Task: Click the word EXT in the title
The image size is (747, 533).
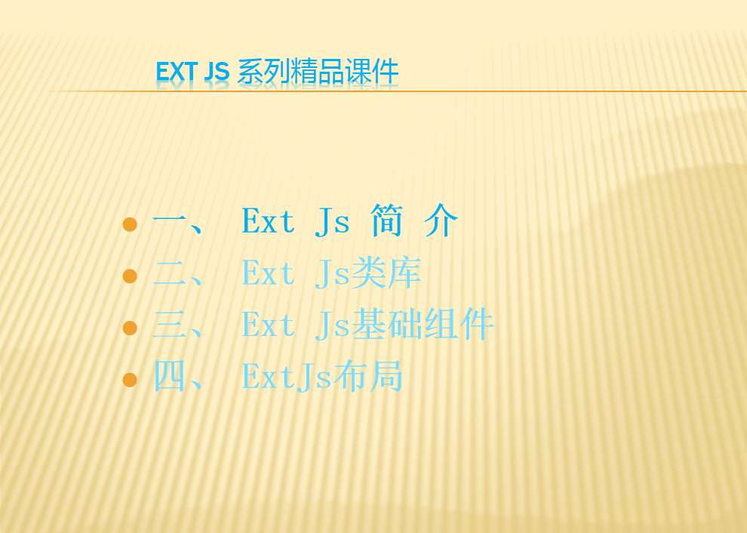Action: tap(177, 72)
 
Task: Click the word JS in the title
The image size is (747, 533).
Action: tap(217, 72)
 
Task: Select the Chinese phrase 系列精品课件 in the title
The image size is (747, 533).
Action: tap(318, 72)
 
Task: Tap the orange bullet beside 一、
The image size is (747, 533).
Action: tap(130, 224)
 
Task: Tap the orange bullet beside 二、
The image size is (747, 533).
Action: tap(130, 276)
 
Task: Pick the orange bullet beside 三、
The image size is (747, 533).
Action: tap(130, 328)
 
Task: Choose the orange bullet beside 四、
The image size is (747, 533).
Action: tap(130, 380)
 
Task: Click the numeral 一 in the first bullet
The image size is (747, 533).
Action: tap(169, 220)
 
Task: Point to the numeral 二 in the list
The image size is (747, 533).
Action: tap(169, 273)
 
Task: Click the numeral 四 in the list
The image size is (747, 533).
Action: tap(169, 377)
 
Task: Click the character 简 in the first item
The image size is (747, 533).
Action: tap(386, 220)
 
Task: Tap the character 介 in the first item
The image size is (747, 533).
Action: tap(441, 220)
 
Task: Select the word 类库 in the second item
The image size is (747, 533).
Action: tap(386, 273)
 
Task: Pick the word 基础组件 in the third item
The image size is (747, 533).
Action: tap(422, 324)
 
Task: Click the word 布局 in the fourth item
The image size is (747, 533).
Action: tap(367, 376)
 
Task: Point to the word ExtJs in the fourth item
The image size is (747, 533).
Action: tap(287, 377)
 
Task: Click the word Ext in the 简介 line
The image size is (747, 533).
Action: tap(268, 220)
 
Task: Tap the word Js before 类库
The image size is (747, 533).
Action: tap(332, 273)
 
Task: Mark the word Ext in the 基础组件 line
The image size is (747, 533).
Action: tap(268, 325)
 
